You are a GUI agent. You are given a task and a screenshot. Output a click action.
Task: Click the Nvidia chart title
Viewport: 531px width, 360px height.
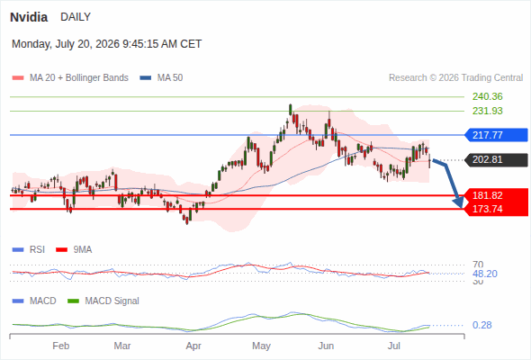[29, 17]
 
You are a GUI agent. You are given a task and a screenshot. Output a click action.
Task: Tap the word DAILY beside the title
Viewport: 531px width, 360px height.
[76, 17]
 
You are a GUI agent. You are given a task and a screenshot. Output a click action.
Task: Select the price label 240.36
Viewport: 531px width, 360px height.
[487, 96]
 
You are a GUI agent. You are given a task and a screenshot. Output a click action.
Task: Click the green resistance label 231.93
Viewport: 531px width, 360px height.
[487, 111]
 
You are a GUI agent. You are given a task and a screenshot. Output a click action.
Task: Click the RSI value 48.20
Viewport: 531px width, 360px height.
[485, 274]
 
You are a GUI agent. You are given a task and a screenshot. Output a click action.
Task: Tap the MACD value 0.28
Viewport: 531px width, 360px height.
[481, 325]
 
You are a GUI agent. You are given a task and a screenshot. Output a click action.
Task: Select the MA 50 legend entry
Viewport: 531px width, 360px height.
[161, 78]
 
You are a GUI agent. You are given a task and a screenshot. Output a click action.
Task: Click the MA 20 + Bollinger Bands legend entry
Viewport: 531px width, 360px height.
[70, 78]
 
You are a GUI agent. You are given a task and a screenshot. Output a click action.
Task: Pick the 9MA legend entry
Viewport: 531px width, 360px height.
[74, 249]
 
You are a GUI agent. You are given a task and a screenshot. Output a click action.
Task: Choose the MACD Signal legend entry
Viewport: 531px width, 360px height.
[103, 301]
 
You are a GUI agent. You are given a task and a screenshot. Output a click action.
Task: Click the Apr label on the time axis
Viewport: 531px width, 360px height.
[193, 346]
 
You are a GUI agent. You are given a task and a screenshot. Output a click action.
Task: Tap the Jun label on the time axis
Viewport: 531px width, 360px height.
[326, 346]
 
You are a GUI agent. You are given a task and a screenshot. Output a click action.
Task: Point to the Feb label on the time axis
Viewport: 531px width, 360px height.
[61, 346]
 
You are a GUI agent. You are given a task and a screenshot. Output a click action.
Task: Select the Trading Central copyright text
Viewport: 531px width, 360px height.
[455, 78]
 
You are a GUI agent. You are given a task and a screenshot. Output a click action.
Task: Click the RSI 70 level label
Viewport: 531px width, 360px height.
[478, 265]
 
